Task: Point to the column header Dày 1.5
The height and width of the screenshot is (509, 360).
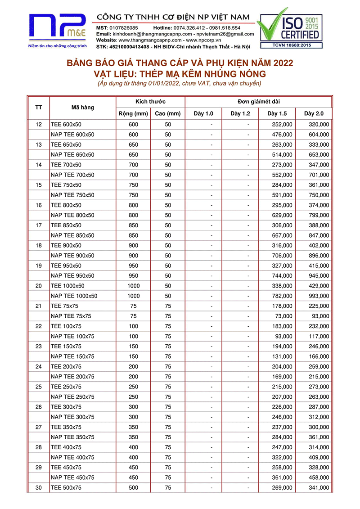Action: click(277, 113)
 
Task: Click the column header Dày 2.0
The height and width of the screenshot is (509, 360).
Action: click(314, 113)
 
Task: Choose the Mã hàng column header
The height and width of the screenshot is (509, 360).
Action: click(82, 108)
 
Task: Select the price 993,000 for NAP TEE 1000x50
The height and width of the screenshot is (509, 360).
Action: click(319, 296)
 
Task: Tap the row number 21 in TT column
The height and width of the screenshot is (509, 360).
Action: click(38, 306)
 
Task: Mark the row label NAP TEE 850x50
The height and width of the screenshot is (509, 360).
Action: click(72, 235)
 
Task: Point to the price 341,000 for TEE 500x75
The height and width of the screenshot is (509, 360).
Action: click(319, 488)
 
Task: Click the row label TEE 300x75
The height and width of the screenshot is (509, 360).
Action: click(66, 407)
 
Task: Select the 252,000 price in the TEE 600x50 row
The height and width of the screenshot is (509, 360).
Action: click(282, 124)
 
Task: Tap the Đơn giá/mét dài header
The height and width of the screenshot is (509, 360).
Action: click(258, 102)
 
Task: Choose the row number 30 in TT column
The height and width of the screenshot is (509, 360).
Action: click(38, 488)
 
